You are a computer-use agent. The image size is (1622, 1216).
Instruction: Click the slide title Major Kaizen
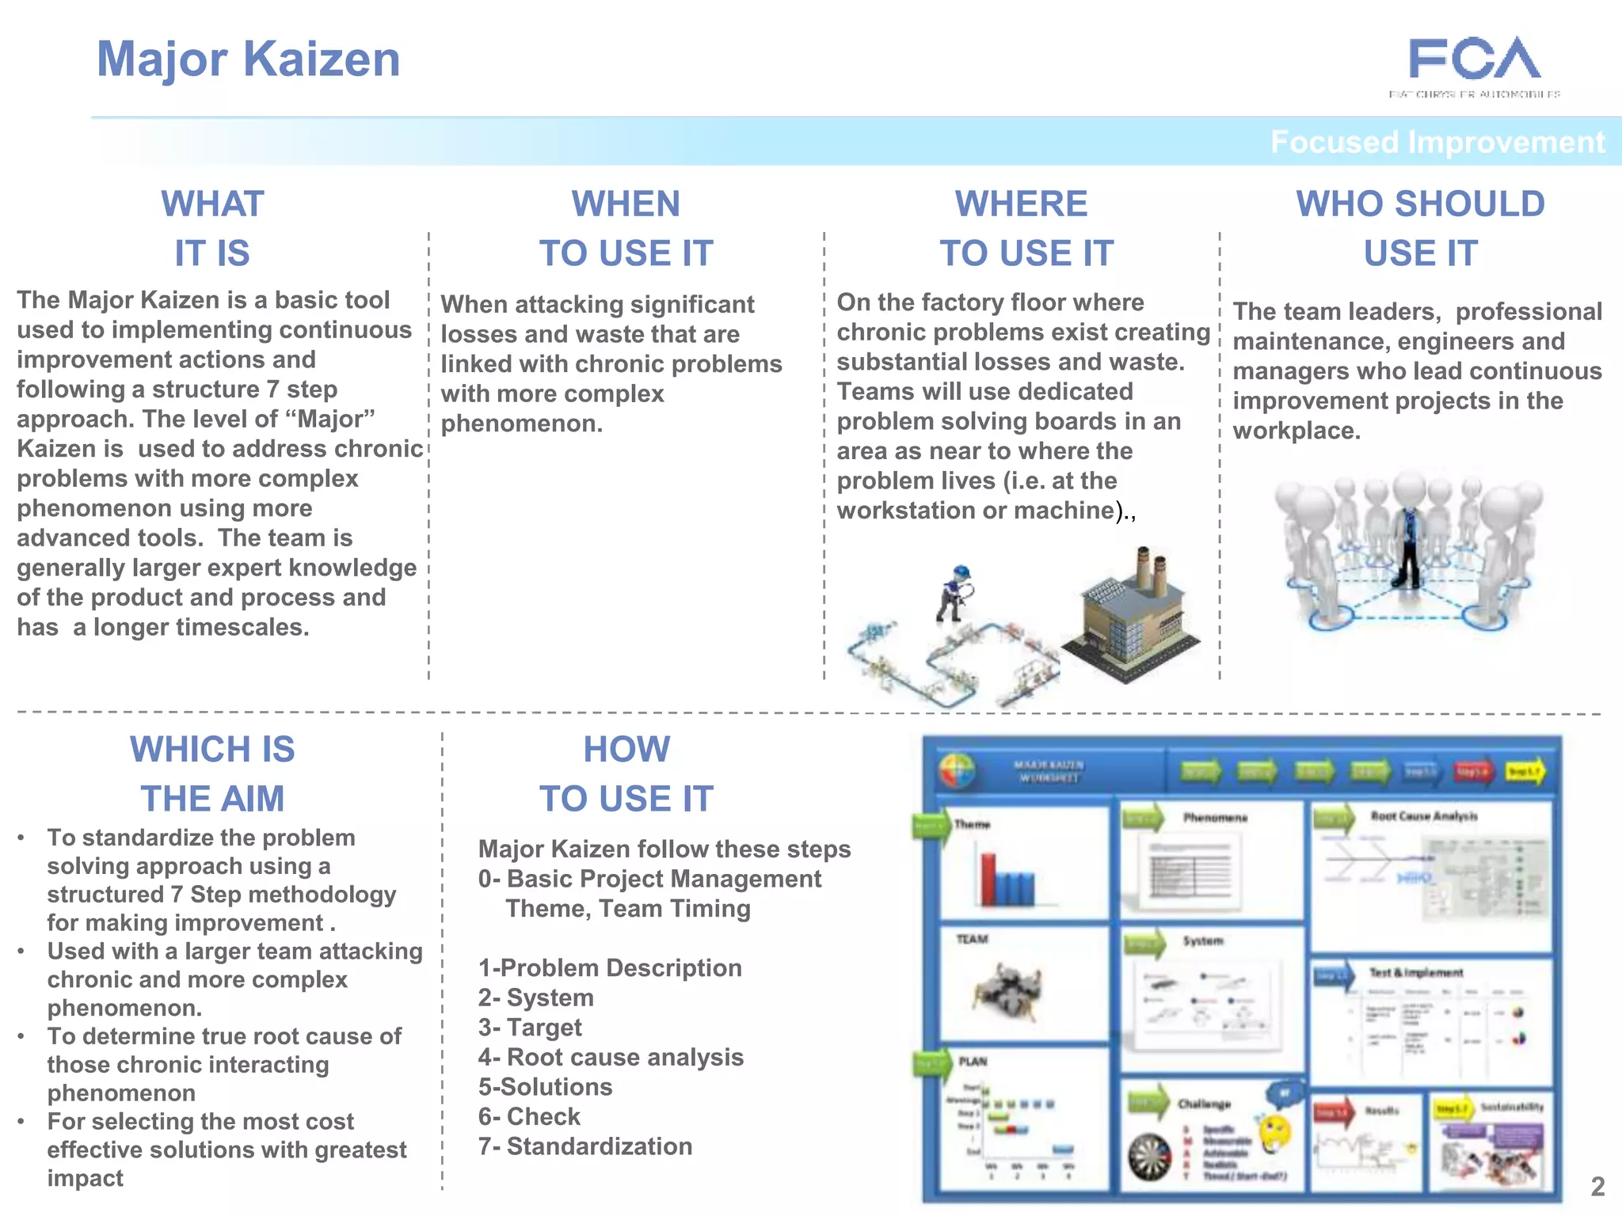tap(248, 59)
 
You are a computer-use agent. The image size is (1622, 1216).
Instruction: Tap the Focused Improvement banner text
tap(1437, 142)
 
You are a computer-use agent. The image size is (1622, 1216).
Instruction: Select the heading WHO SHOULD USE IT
tap(1420, 228)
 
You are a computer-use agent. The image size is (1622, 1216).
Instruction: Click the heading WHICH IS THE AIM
tap(212, 773)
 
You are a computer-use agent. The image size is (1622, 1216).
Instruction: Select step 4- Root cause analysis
tap(611, 1057)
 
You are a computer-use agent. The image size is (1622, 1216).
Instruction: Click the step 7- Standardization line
tap(585, 1146)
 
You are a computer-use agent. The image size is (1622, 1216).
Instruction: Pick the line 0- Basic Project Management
tap(649, 879)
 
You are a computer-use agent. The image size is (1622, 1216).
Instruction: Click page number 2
tap(1597, 1186)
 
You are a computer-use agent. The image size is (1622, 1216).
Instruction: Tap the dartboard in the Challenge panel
tap(1149, 1157)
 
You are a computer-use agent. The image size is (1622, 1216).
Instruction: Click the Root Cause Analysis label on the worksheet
tap(1423, 816)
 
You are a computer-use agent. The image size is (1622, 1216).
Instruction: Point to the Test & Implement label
tap(1416, 972)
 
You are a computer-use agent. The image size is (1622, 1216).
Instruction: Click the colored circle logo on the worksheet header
tap(957, 770)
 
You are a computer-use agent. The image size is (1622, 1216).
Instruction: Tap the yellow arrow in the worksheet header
tap(1525, 771)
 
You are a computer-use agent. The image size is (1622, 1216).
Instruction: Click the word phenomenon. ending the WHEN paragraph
tap(521, 424)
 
